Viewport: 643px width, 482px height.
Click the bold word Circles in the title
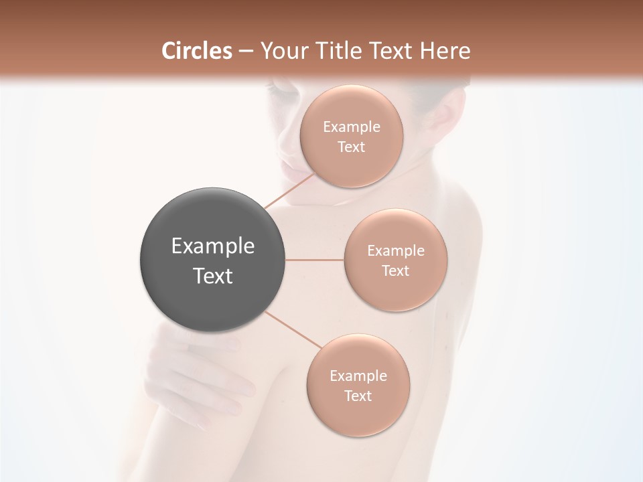click(197, 51)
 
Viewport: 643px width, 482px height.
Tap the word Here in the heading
click(445, 51)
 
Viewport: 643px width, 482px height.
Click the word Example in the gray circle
click(213, 246)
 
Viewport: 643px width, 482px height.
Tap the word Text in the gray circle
click(213, 276)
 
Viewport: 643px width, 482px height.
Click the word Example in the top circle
click(352, 127)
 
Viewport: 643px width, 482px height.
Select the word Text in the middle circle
click(395, 270)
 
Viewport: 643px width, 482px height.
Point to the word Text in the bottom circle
click(358, 396)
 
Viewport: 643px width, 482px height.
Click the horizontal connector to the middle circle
click(315, 260)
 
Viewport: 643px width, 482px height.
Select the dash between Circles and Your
click(246, 52)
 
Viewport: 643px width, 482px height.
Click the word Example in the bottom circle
click(358, 376)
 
